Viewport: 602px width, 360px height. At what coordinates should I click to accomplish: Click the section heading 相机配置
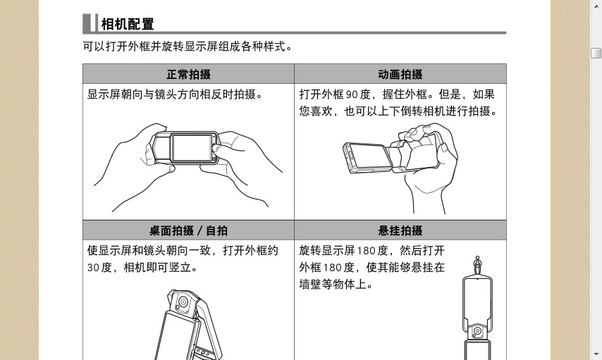pyautogui.click(x=128, y=24)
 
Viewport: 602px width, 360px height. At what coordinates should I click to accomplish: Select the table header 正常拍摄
pyautogui.click(x=188, y=74)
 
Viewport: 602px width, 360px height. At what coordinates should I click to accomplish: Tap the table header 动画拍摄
pyautogui.click(x=400, y=74)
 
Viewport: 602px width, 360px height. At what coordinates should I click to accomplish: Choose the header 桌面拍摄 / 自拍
pyautogui.click(x=188, y=230)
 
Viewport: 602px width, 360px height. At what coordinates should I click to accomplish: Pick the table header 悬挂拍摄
pyautogui.click(x=400, y=230)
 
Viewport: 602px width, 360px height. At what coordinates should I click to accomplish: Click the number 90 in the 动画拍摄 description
pyautogui.click(x=352, y=94)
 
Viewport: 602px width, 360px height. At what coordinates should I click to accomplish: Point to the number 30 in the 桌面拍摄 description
pyautogui.click(x=93, y=268)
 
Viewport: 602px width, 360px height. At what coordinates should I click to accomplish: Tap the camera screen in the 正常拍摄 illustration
pyautogui.click(x=192, y=147)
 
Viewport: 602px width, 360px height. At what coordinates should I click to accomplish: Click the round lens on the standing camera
pyautogui.click(x=183, y=302)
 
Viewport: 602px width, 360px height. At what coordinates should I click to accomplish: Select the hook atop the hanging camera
pyautogui.click(x=477, y=264)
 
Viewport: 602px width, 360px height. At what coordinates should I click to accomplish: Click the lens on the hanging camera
pyautogui.click(x=477, y=331)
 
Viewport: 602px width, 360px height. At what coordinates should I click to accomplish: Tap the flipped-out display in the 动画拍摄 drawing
pyautogui.click(x=370, y=156)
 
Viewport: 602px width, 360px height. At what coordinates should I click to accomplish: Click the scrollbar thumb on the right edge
pyautogui.click(x=596, y=53)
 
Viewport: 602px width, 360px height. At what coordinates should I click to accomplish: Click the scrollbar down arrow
pyautogui.click(x=596, y=354)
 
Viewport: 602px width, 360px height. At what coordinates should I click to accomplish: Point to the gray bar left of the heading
pyautogui.click(x=87, y=24)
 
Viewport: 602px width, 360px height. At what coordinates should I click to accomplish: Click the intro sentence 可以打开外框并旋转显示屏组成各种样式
pyautogui.click(x=188, y=46)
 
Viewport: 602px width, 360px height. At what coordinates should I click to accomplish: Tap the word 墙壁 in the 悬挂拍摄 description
pyautogui.click(x=310, y=285)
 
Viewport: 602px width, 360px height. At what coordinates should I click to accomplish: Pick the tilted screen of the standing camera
pyautogui.click(x=178, y=337)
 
